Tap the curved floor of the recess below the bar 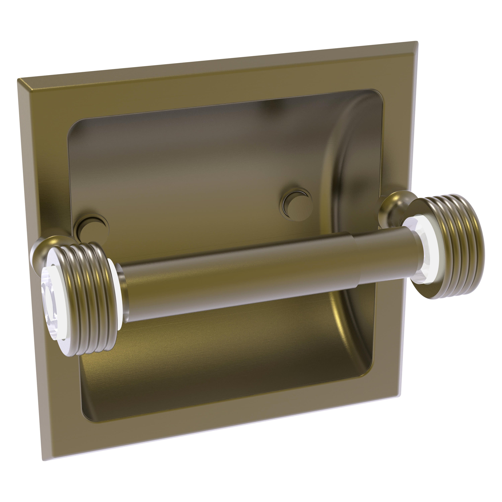(234, 369)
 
